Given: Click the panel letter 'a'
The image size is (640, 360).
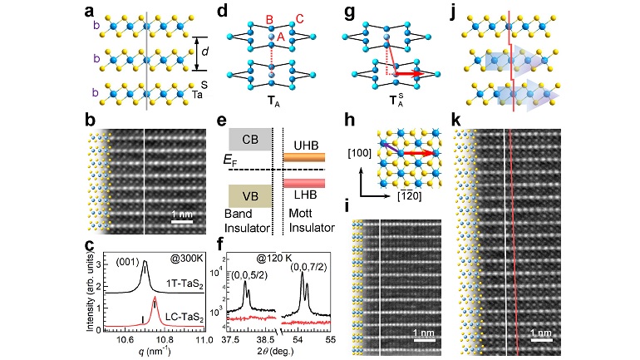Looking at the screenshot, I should click(x=89, y=11).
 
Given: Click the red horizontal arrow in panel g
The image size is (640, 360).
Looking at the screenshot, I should click(x=405, y=73).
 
